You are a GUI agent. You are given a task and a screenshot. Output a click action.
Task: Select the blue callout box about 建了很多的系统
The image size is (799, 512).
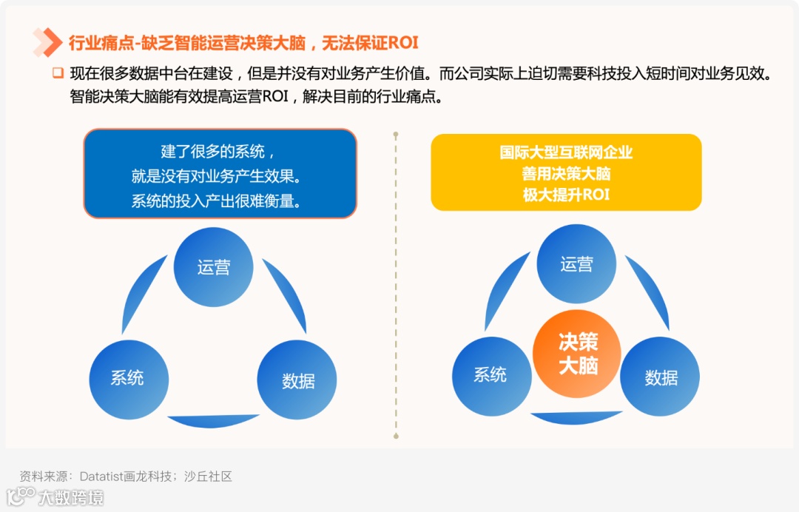[x=220, y=173]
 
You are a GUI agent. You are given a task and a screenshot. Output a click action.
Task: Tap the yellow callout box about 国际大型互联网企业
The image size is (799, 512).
[x=566, y=172]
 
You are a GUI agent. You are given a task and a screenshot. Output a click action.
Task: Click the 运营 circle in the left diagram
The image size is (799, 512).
[x=214, y=266]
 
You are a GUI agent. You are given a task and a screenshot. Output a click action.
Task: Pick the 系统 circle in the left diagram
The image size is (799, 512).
[x=128, y=377]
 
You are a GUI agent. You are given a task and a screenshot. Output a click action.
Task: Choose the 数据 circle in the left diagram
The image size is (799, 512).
[x=297, y=380]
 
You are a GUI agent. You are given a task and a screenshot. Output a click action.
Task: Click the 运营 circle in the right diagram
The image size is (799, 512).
[x=576, y=263]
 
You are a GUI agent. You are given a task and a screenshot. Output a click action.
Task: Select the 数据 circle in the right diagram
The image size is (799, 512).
[x=660, y=377]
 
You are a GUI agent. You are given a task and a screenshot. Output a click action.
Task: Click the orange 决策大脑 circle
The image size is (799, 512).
[x=577, y=354]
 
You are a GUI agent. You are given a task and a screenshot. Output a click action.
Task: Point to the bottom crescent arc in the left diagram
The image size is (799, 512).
[x=213, y=421]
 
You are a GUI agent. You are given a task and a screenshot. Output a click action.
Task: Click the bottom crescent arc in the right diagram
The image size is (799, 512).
[x=576, y=417]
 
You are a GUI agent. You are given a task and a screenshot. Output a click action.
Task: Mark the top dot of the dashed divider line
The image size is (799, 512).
[x=396, y=135]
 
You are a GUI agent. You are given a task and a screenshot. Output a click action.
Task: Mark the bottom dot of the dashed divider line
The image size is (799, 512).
[x=396, y=437]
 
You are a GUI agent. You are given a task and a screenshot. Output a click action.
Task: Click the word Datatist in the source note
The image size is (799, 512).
[x=102, y=476]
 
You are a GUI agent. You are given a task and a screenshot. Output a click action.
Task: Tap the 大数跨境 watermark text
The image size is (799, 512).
[x=71, y=497]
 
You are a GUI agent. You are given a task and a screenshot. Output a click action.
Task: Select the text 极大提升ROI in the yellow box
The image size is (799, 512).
[x=566, y=195]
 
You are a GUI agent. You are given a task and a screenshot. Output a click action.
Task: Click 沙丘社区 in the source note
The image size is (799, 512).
[x=208, y=476]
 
